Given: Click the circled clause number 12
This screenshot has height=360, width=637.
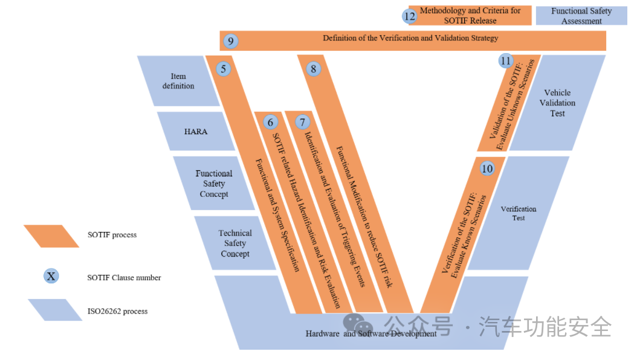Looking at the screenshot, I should (410, 16).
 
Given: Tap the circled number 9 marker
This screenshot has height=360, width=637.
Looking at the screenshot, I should (230, 41).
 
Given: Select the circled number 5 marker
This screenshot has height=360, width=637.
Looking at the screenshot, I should (224, 69).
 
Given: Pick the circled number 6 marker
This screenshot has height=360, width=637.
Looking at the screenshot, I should (270, 122).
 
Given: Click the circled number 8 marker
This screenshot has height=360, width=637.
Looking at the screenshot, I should (313, 69).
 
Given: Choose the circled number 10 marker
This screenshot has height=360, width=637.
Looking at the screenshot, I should (487, 169).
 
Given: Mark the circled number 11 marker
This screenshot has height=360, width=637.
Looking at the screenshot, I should (506, 61).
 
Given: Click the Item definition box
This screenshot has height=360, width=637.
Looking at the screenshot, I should (178, 81).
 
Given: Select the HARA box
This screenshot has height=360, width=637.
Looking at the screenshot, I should (196, 131).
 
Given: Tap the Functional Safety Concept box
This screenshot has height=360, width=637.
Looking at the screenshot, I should (214, 184).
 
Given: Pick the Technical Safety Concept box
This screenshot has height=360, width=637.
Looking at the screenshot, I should (235, 243).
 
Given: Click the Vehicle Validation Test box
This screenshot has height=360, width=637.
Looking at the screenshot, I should (557, 103).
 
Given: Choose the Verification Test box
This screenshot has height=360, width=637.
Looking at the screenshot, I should (519, 213).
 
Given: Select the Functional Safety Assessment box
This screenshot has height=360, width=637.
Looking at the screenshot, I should (581, 16).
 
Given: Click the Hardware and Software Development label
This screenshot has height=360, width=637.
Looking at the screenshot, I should (371, 333).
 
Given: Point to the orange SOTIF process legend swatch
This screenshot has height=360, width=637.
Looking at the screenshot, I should (51, 236).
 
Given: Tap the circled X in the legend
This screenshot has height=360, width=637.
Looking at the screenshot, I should (51, 277).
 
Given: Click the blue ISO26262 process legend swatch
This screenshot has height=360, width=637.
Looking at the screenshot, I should (55, 310).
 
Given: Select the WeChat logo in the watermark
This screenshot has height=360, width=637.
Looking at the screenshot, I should (354, 324).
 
